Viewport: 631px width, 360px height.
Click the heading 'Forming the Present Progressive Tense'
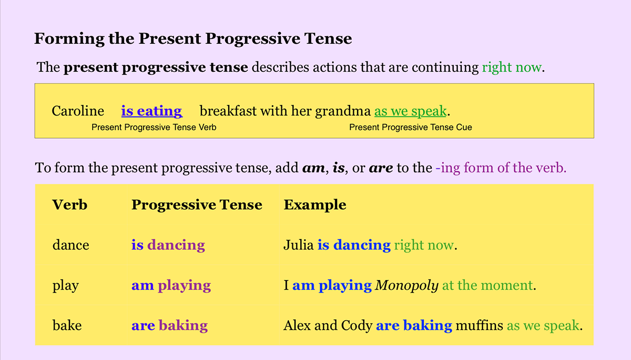(193, 39)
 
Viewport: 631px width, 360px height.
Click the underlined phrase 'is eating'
(151, 111)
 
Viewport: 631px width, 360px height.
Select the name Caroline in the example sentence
(78, 111)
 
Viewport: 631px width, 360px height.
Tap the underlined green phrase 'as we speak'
(410, 111)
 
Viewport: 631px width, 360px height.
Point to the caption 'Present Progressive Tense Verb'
(154, 127)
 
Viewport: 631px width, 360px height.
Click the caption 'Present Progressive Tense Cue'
(410, 127)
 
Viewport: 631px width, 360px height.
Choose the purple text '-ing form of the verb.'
(501, 169)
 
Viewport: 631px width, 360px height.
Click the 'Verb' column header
(69, 204)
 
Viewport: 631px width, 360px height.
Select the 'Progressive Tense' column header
(197, 204)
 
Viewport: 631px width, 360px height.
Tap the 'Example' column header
(315, 204)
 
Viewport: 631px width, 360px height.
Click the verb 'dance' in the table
(70, 245)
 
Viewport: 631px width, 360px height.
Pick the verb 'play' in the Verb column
(65, 285)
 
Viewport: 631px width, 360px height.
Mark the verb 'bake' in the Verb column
(67, 326)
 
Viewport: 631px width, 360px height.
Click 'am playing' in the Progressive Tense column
(171, 285)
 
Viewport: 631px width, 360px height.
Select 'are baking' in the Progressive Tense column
(169, 326)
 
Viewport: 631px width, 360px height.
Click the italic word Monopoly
(406, 285)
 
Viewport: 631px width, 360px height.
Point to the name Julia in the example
(299, 245)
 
